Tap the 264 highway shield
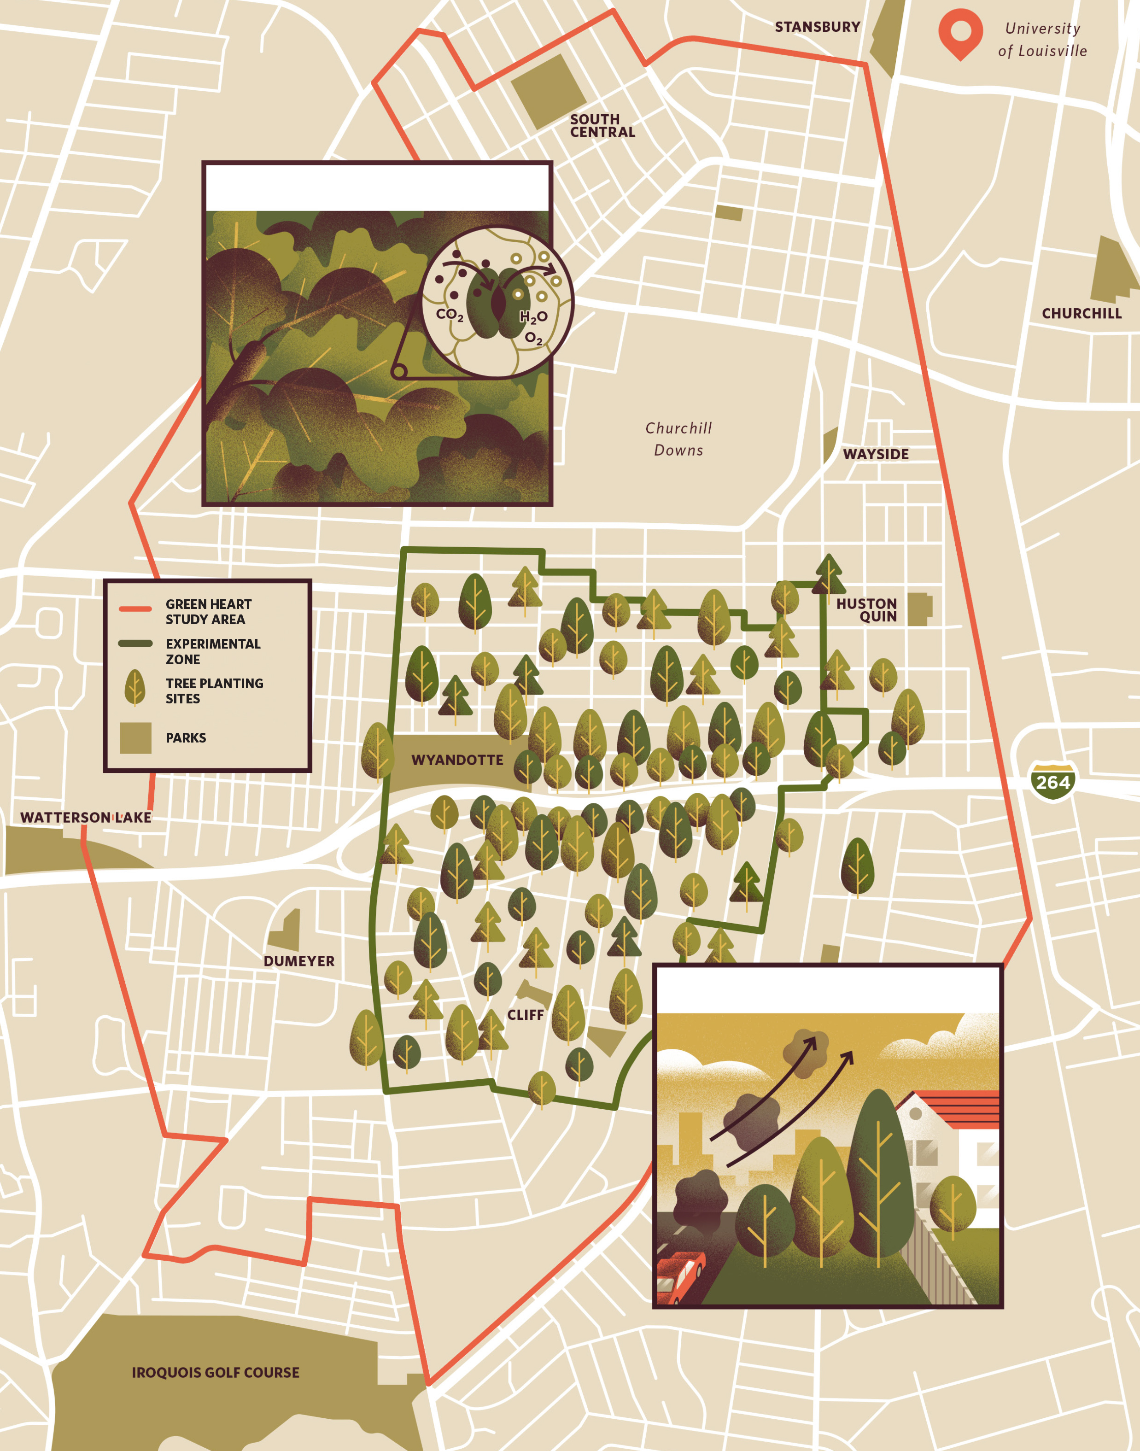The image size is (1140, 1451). click(1052, 782)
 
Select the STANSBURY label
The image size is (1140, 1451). click(817, 27)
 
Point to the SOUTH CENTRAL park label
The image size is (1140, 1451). click(602, 125)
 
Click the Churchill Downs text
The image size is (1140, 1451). click(678, 439)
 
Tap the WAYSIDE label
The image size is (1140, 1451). click(876, 454)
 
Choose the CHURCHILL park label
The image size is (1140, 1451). click(1081, 314)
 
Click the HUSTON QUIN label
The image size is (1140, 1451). click(867, 610)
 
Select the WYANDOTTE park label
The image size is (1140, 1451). click(457, 760)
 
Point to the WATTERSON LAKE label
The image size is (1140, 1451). click(85, 817)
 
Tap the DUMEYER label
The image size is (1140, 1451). click(298, 961)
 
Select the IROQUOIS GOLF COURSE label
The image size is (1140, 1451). click(215, 1372)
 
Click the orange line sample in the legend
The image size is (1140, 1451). click(135, 608)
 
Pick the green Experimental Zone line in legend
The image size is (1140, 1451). click(135, 644)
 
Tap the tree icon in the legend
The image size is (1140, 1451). click(135, 687)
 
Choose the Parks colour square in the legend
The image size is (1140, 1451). click(135, 738)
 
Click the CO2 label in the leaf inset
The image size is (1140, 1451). click(449, 314)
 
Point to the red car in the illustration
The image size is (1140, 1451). click(681, 1276)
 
